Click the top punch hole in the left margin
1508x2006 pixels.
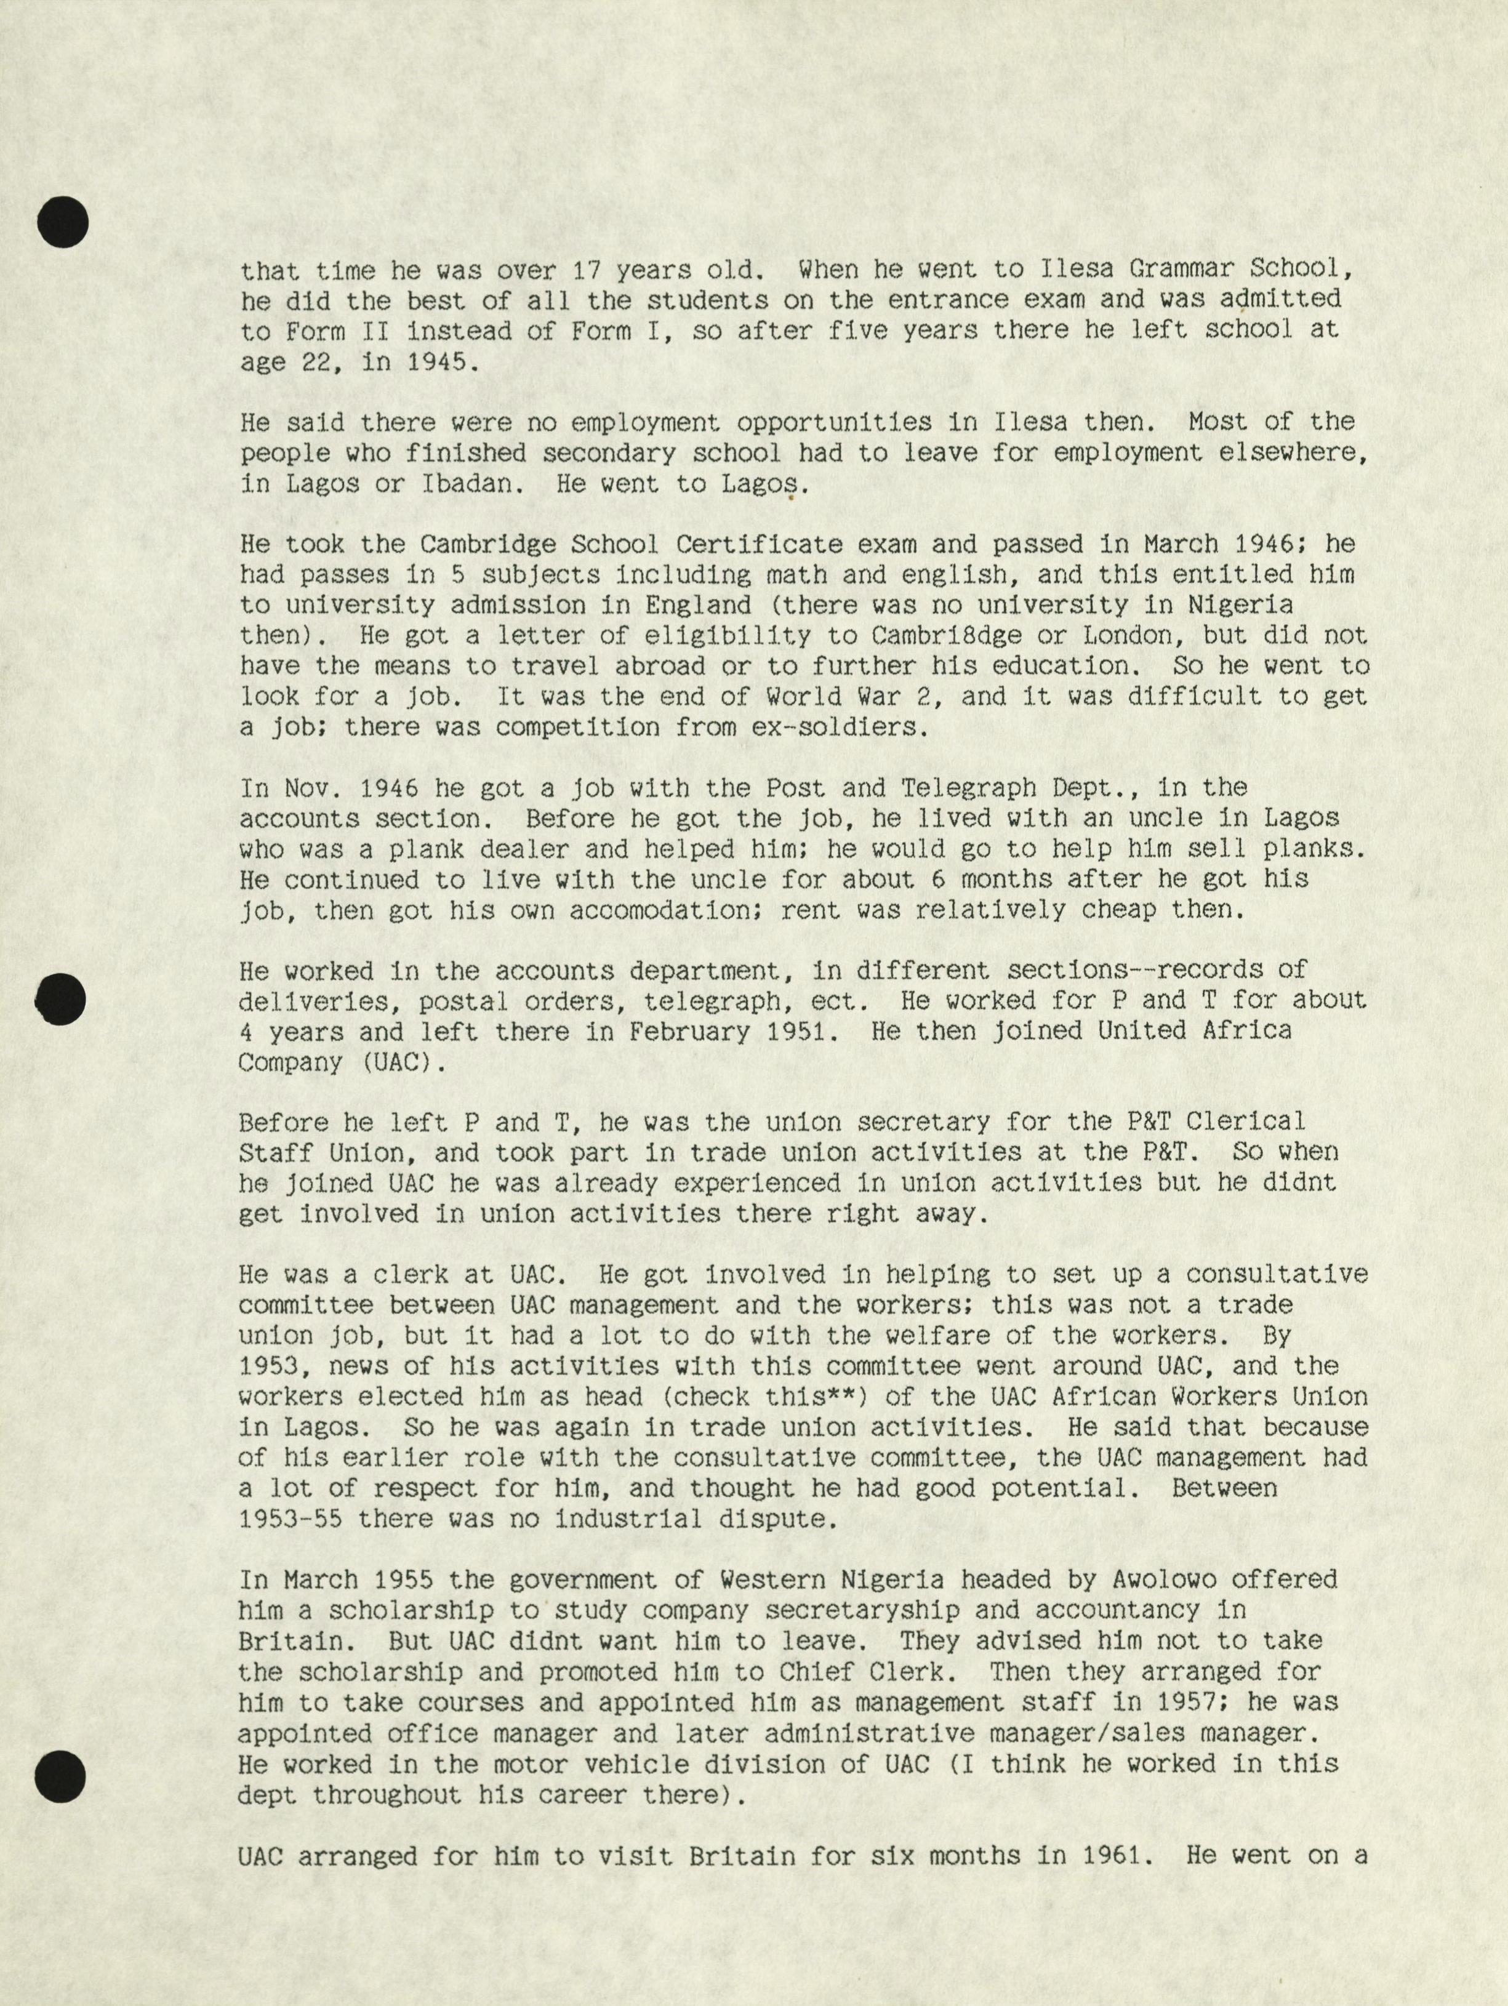coord(63,221)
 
